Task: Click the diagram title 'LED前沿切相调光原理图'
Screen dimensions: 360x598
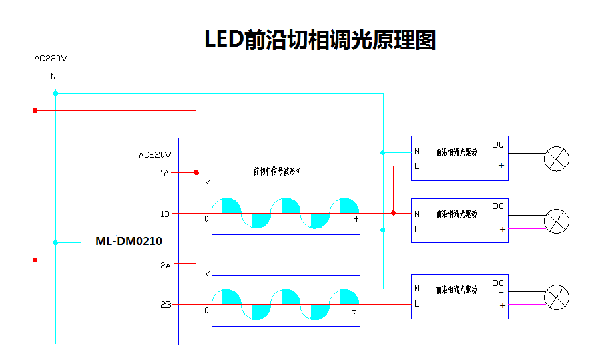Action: pyautogui.click(x=320, y=40)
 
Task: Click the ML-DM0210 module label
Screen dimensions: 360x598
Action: pyautogui.click(x=129, y=241)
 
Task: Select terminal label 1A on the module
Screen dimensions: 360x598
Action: pyautogui.click(x=164, y=173)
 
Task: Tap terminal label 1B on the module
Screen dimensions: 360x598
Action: pyautogui.click(x=164, y=214)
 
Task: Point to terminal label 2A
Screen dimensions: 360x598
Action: pyautogui.click(x=165, y=265)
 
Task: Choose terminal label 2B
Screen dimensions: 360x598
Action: pyautogui.click(x=165, y=305)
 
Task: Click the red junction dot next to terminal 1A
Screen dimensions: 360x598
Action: pyautogui.click(x=196, y=172)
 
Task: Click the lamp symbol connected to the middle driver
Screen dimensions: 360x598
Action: pyautogui.click(x=557, y=221)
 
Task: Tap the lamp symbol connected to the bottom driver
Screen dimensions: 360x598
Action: pyautogui.click(x=557, y=297)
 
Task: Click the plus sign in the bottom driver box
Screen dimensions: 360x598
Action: pyautogui.click(x=501, y=305)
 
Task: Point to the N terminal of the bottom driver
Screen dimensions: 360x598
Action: pyautogui.click(x=417, y=289)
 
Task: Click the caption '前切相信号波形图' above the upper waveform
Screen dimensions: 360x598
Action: pyautogui.click(x=277, y=172)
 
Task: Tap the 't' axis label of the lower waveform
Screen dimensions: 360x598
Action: pyautogui.click(x=354, y=311)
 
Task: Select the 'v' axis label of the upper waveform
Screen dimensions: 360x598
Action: pyautogui.click(x=207, y=182)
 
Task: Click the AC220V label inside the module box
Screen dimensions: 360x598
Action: pyautogui.click(x=155, y=155)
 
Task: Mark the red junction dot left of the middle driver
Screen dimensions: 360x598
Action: pyautogui.click(x=393, y=213)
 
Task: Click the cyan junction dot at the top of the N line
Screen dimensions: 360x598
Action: pyautogui.click(x=55, y=93)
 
